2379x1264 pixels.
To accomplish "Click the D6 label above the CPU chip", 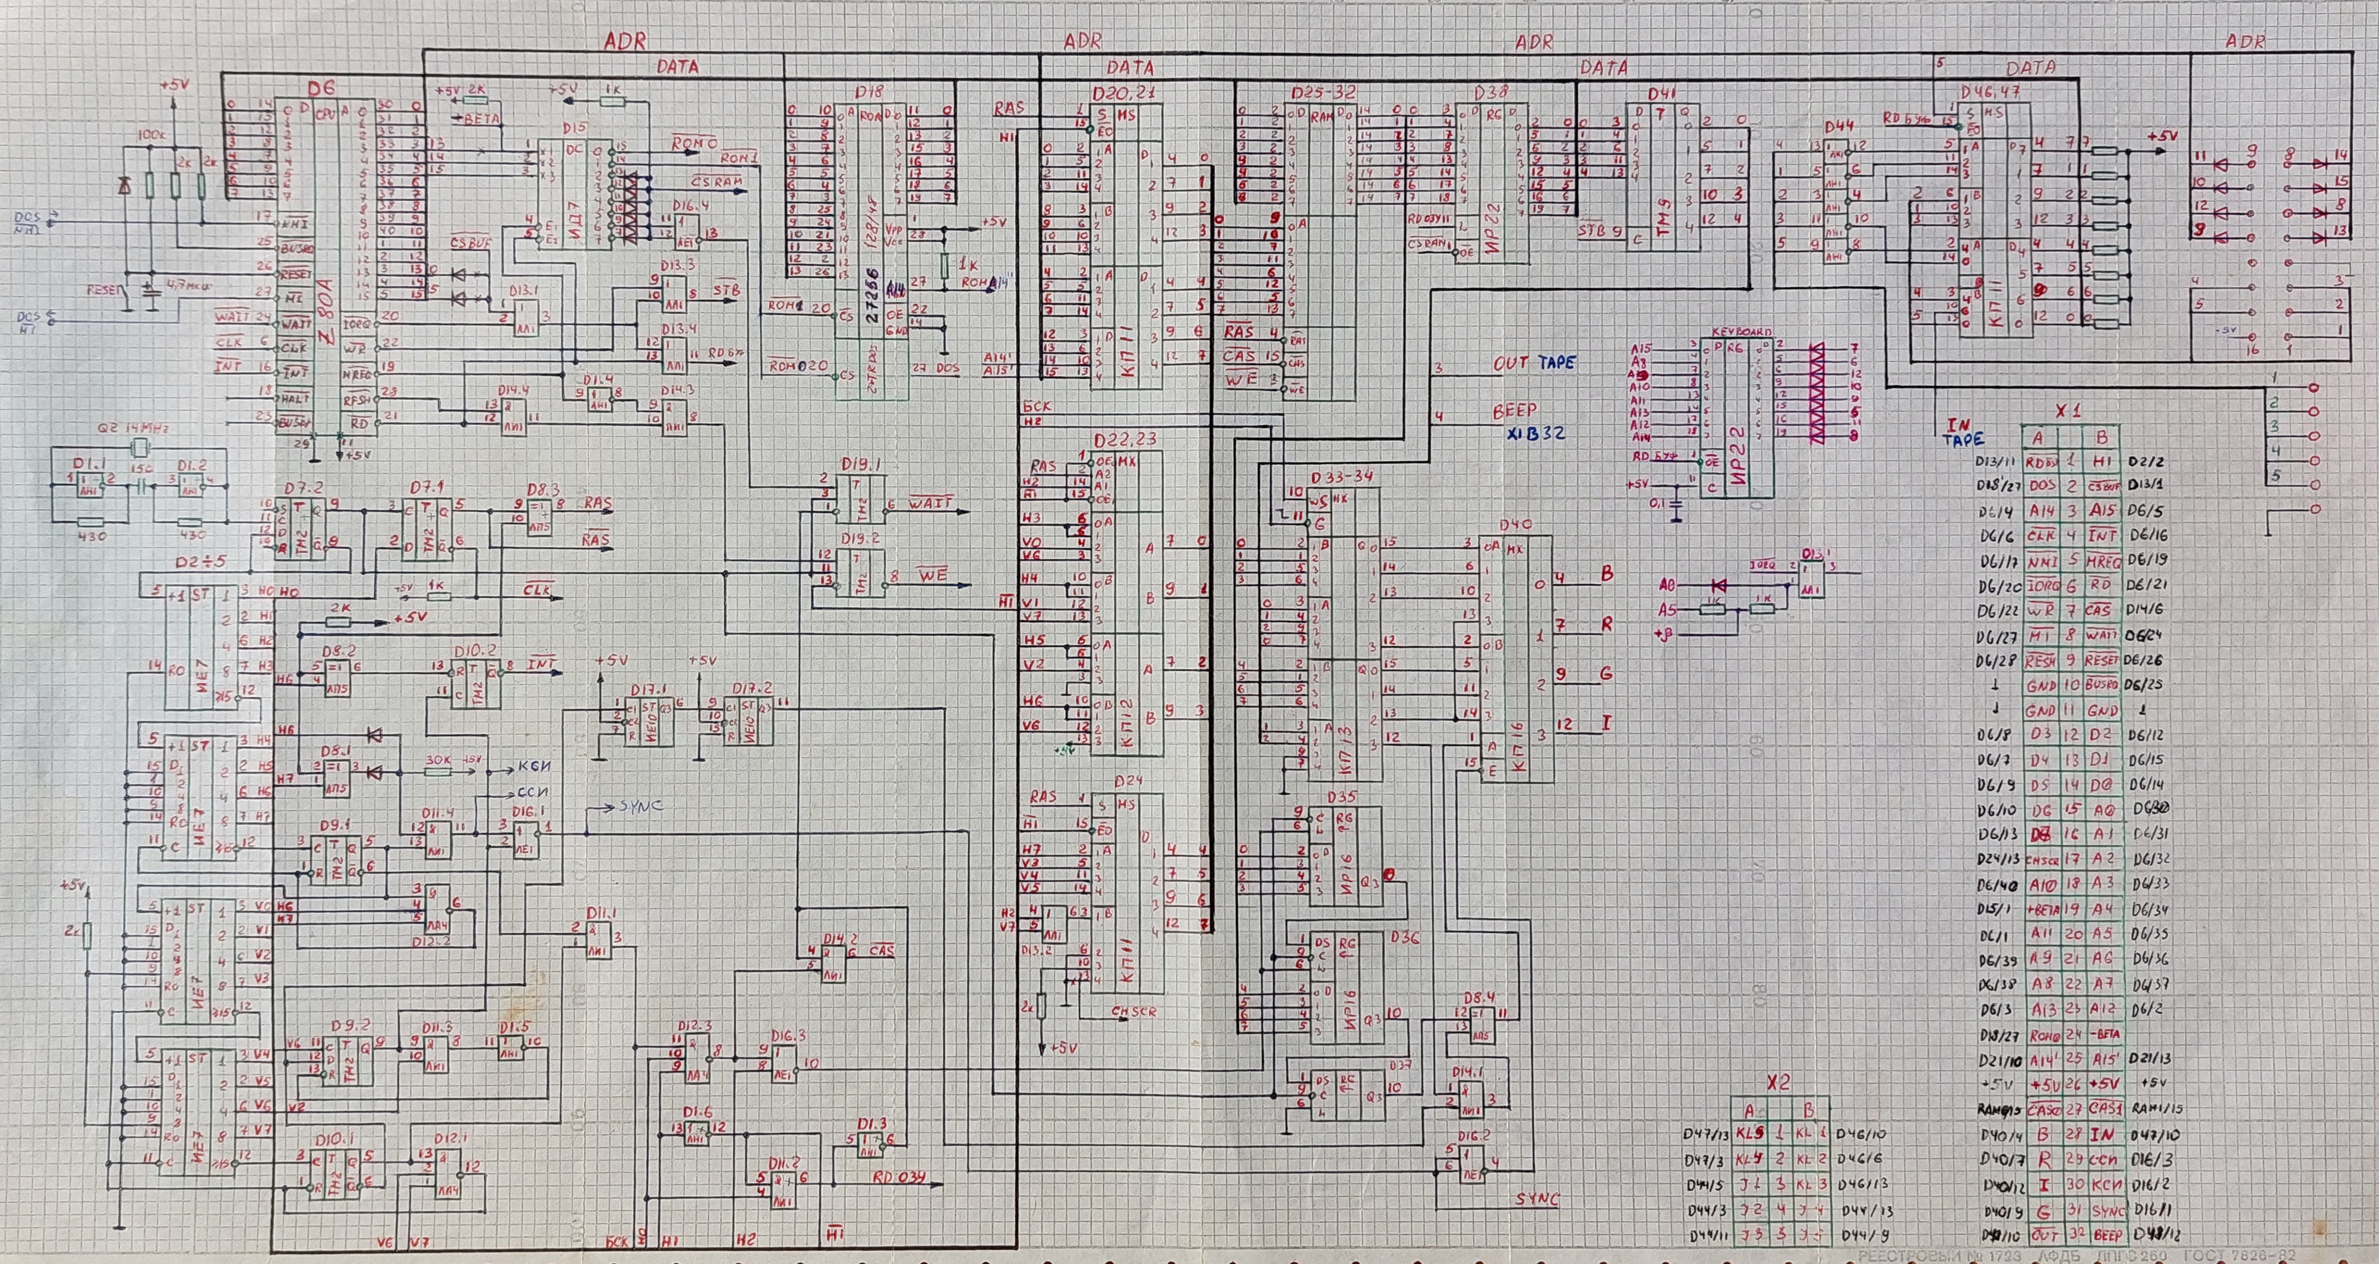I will click(321, 89).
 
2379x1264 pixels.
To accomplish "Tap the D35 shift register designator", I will click(1341, 796).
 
